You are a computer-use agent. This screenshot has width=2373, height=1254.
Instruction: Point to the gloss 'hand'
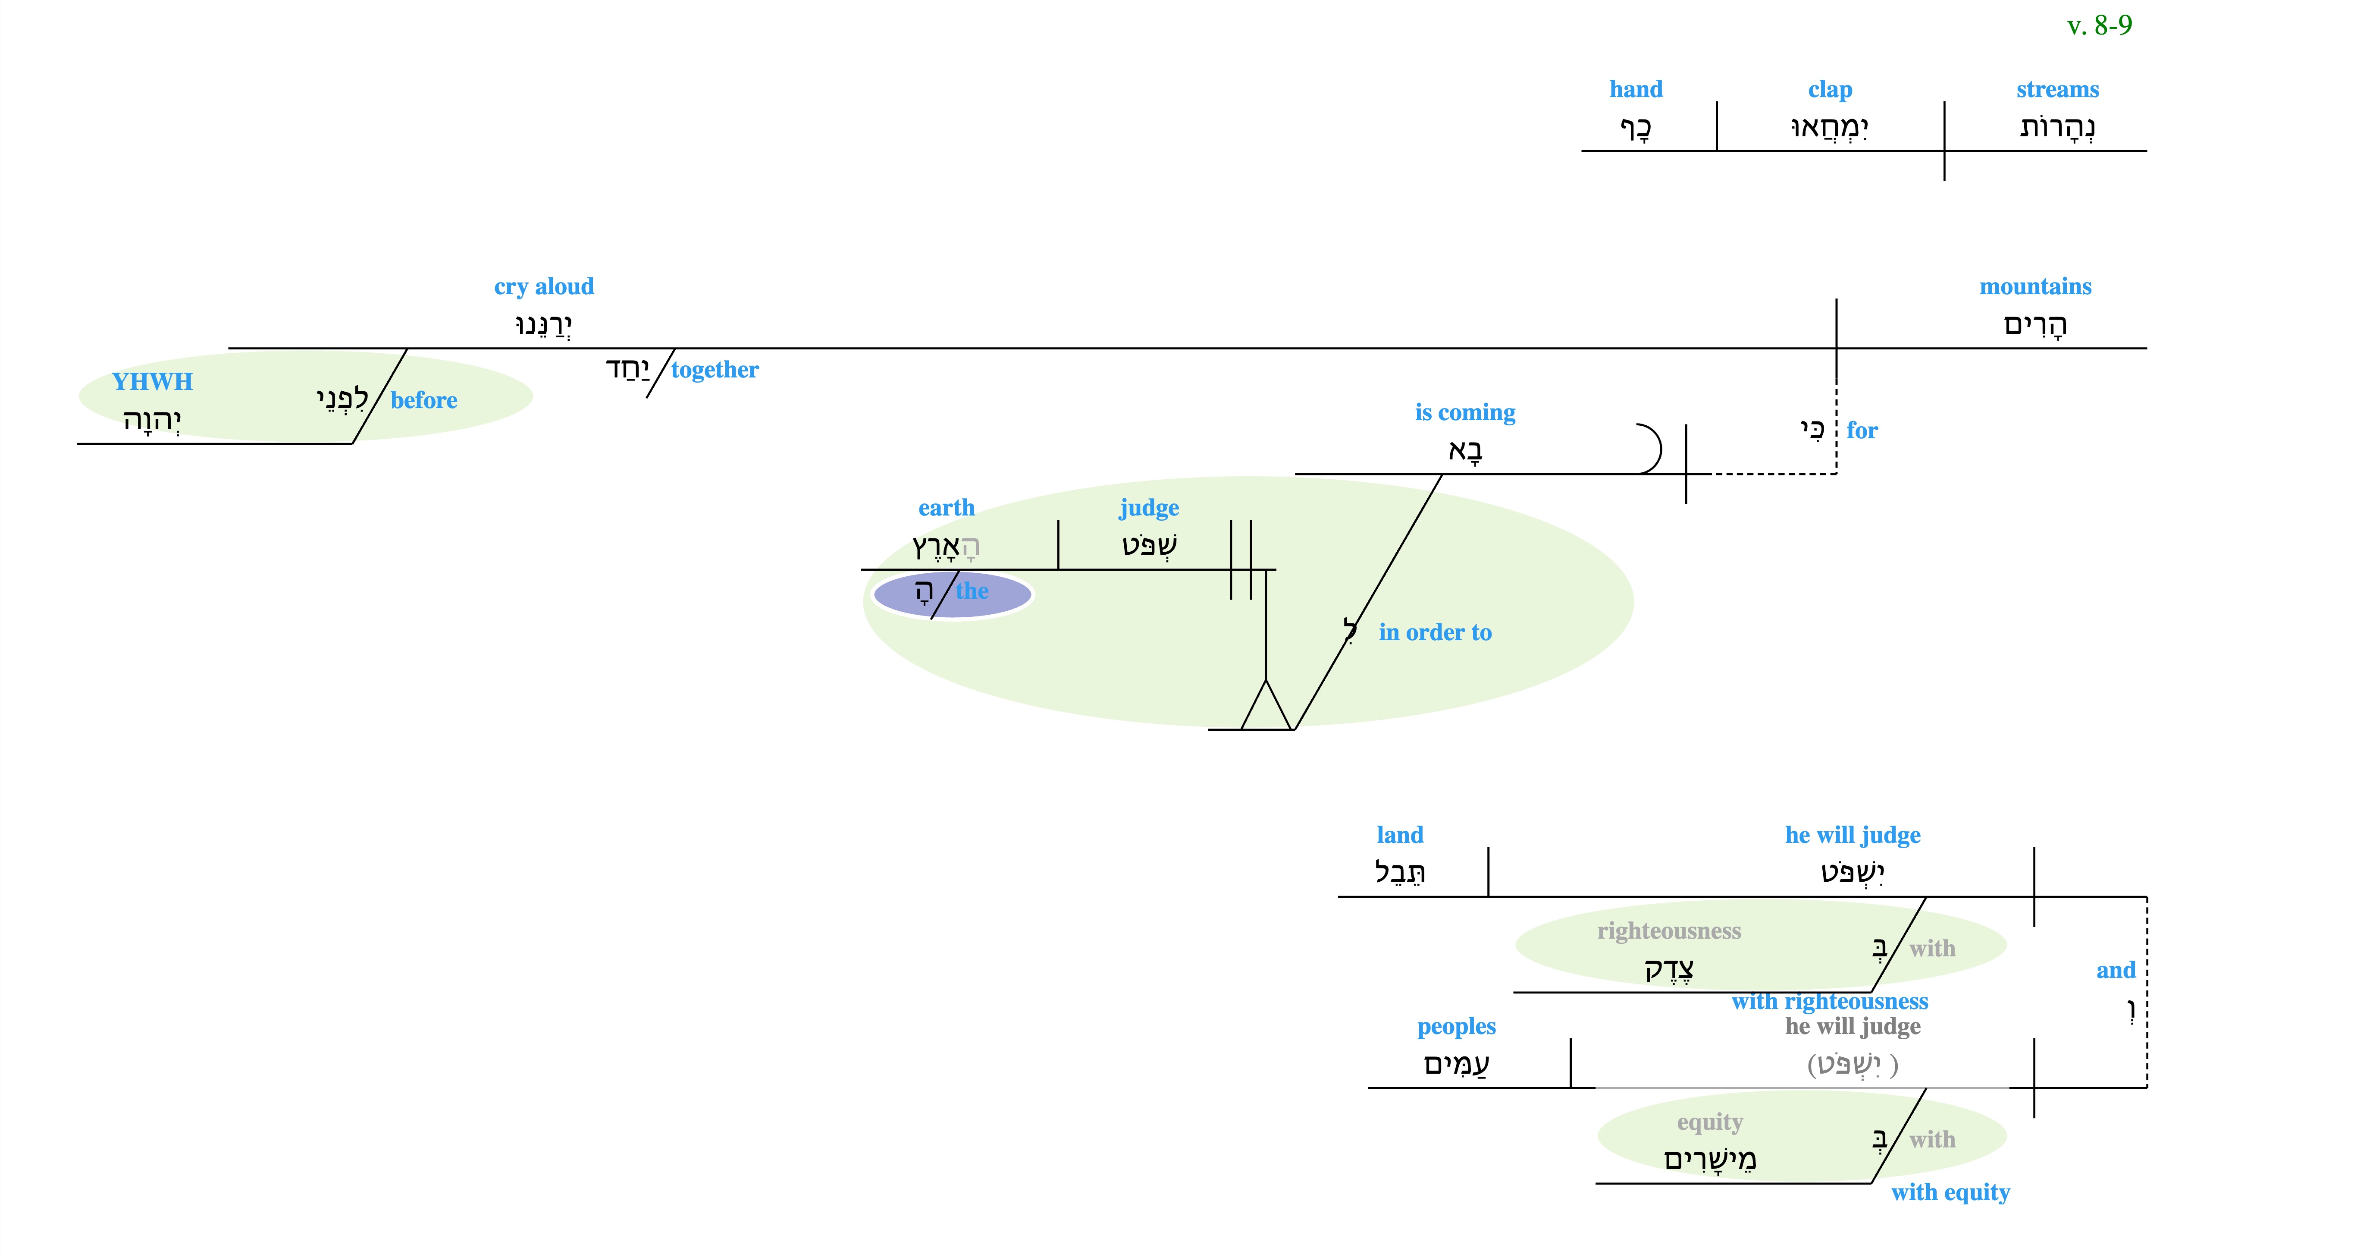click(1636, 89)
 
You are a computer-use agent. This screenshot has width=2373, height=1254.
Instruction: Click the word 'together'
click(715, 371)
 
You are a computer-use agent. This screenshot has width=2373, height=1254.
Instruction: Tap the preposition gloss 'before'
click(424, 400)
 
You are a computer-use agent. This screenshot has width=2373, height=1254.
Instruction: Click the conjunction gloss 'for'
click(1862, 430)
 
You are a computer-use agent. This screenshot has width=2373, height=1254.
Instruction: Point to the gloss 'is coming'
click(1465, 413)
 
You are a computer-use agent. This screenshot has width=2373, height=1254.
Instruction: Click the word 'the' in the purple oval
click(972, 591)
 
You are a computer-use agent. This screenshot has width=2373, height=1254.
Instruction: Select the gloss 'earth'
click(946, 508)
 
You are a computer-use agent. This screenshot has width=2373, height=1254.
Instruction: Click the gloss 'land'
click(1399, 835)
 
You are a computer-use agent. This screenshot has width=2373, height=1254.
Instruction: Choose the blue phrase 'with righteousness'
click(1830, 1002)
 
